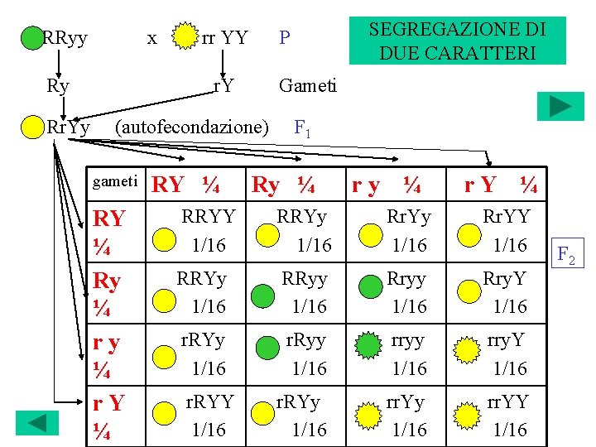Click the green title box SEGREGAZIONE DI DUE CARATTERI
[457, 41]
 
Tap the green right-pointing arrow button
[560, 107]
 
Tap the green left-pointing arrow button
[37, 422]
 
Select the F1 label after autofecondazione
[302, 128]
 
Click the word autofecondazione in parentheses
[192, 127]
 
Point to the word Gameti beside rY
[308, 85]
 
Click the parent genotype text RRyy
[65, 37]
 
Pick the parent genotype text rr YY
[224, 37]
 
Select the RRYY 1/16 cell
[209, 230]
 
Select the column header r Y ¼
[500, 185]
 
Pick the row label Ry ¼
[108, 293]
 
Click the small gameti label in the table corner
[115, 180]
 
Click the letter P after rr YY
[284, 37]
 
